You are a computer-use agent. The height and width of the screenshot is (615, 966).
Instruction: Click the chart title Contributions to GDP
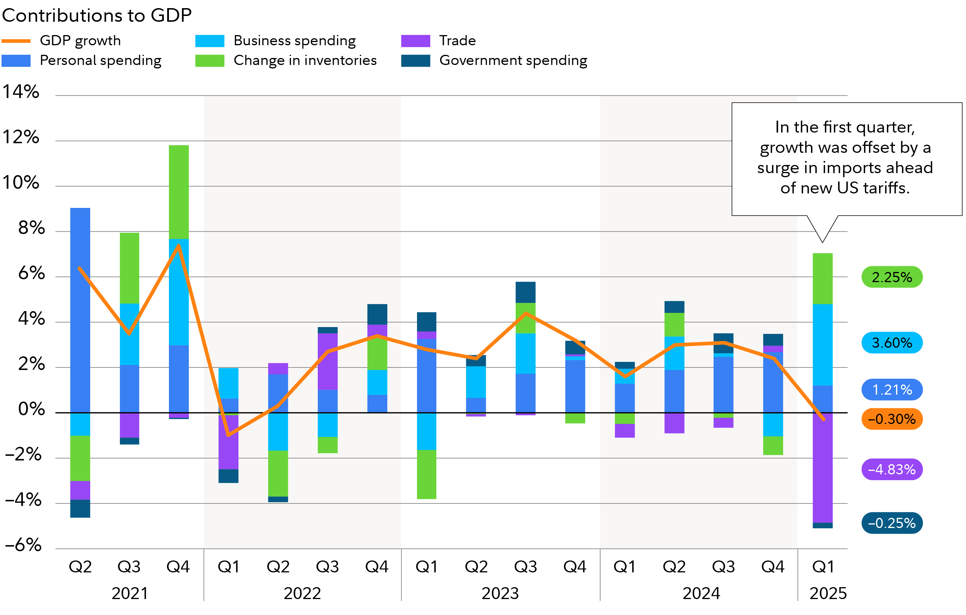click(97, 15)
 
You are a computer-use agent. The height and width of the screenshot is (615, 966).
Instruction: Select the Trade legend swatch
click(415, 41)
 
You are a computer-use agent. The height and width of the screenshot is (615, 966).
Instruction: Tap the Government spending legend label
click(513, 61)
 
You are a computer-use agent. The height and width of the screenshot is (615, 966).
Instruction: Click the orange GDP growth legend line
click(16, 41)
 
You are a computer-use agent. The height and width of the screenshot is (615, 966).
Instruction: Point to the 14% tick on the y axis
click(21, 92)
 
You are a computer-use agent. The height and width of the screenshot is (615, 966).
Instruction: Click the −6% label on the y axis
click(23, 545)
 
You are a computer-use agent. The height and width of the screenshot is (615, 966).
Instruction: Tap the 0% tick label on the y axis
click(31, 409)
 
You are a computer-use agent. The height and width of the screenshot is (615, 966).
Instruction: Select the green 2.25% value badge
click(892, 277)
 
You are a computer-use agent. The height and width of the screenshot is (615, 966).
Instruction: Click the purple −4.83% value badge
click(892, 469)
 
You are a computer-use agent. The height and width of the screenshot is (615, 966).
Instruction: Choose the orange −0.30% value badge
click(892, 419)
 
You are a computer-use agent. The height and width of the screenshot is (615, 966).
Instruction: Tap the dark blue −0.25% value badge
click(892, 523)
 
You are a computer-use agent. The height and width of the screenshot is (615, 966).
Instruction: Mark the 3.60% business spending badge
click(892, 343)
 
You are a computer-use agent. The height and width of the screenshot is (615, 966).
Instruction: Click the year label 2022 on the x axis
click(302, 593)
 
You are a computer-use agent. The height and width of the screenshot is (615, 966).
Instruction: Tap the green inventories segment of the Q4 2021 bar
click(178, 192)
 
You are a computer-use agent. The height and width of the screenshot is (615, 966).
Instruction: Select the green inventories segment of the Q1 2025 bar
click(822, 279)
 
